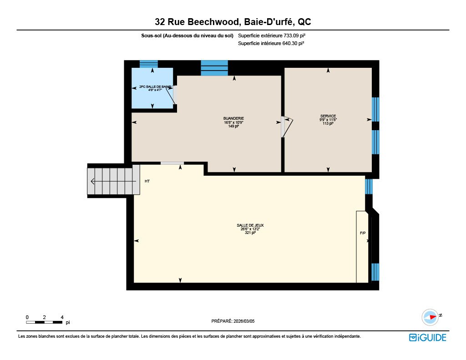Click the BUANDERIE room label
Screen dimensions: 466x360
[x=233, y=118]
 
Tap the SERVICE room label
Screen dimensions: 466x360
[x=328, y=116]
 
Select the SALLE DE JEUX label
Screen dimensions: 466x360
[x=250, y=225]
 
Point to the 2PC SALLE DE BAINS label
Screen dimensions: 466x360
[x=155, y=87]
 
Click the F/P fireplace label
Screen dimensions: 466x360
[x=363, y=233]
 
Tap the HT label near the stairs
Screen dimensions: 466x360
[x=147, y=181]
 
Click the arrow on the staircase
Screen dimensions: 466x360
[x=113, y=181]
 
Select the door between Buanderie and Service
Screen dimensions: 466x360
[x=287, y=127]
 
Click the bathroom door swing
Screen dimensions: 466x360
[x=170, y=95]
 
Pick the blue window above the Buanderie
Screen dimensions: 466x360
[x=214, y=68]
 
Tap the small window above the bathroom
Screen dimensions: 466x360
[x=149, y=64]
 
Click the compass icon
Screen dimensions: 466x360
[x=431, y=317]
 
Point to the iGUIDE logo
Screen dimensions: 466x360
[x=428, y=337]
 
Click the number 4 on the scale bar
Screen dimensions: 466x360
[x=62, y=317]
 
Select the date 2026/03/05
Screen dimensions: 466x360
[x=244, y=321]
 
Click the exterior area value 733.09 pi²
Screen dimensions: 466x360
[x=294, y=35]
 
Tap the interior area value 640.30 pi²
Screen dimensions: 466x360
[x=293, y=43]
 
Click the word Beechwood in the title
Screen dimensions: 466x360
[x=213, y=22]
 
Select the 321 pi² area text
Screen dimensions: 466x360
[x=250, y=233]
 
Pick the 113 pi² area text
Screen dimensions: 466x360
[x=328, y=123]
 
